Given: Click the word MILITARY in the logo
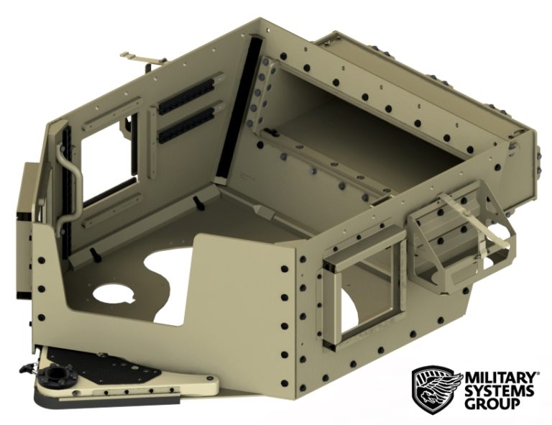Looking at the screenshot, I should coord(502,378).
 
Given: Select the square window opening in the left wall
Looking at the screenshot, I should coord(108,162).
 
